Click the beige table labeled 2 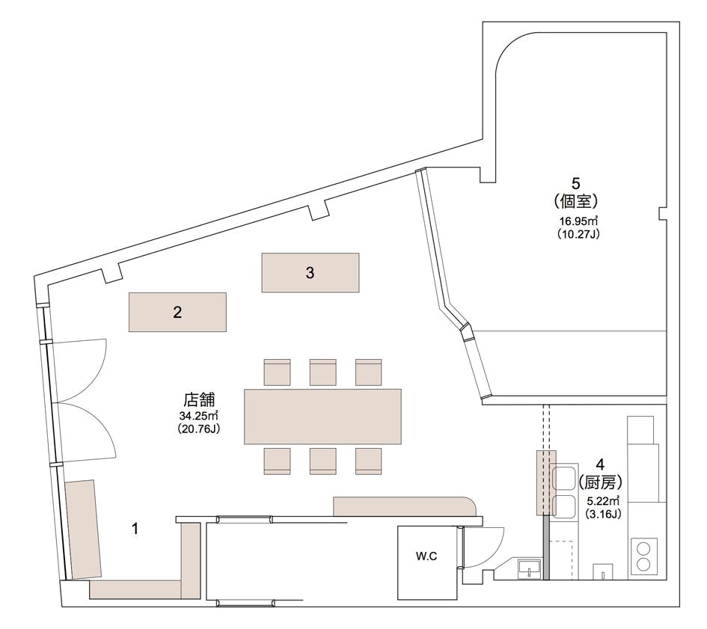(177, 312)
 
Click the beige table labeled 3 (310, 272)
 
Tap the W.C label (426, 556)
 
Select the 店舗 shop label (199, 400)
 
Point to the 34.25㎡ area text (199, 415)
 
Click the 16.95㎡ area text (578, 221)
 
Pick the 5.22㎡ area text (603, 500)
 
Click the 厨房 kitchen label (600, 482)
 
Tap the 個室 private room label (576, 201)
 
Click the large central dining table (322, 417)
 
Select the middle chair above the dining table (323, 372)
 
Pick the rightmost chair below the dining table (368, 461)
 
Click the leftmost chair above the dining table (277, 372)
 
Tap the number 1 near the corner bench (135, 529)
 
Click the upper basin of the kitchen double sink (563, 479)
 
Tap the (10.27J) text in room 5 (578, 234)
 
